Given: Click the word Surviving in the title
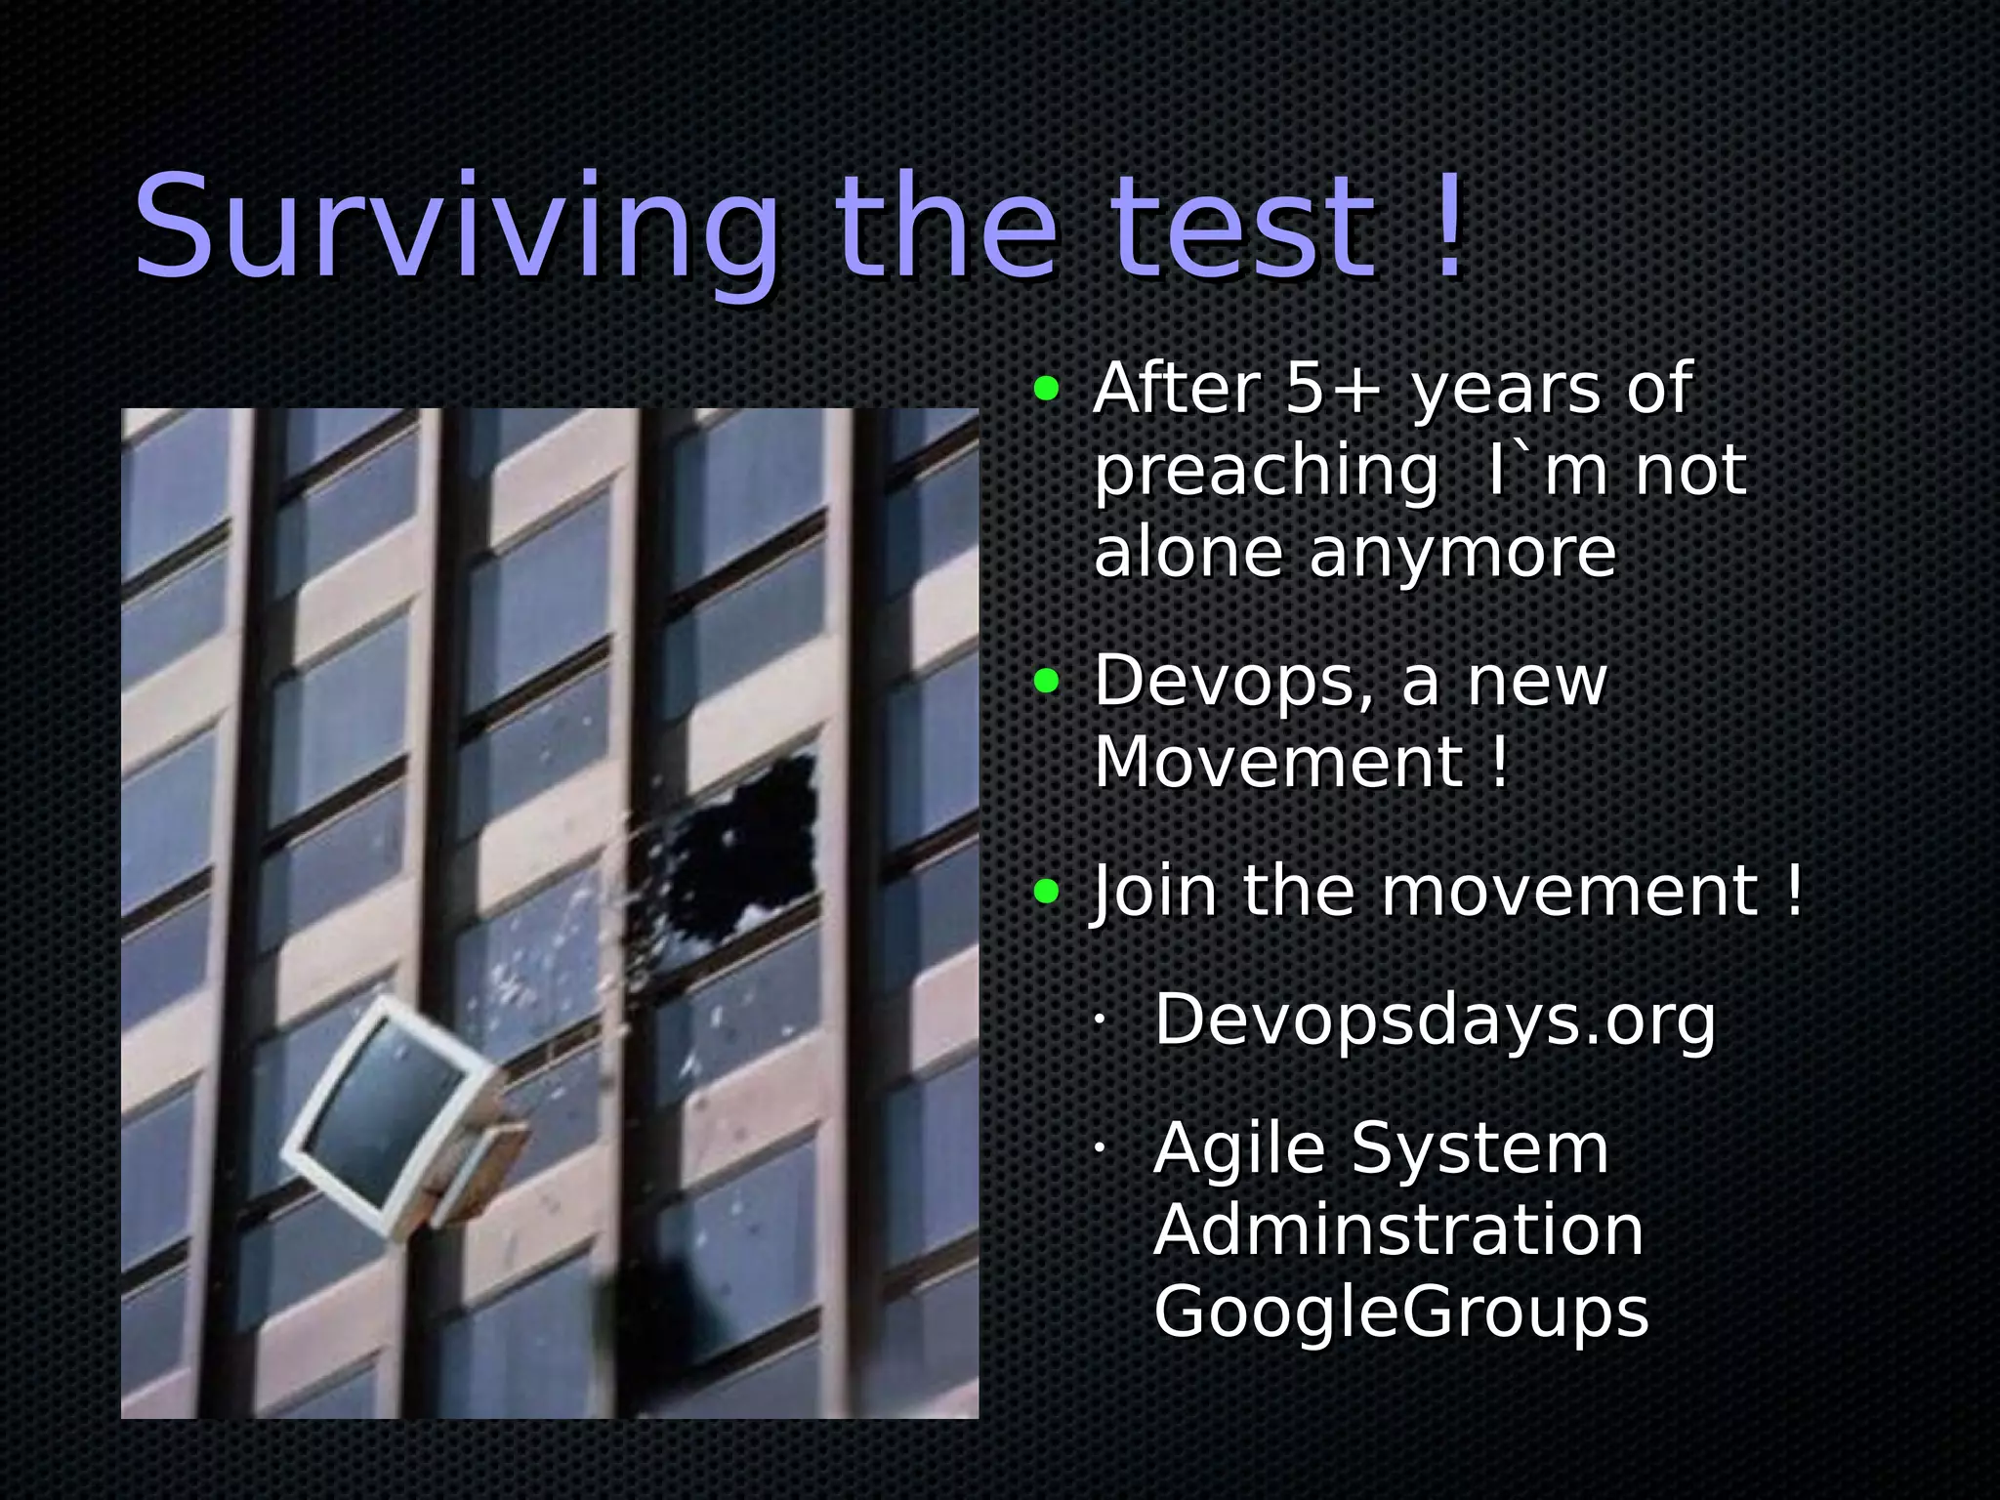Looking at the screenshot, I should pyautogui.click(x=455, y=230).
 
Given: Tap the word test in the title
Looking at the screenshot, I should pyautogui.click(x=1243, y=230).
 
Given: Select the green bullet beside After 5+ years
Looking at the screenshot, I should pyautogui.click(x=1046, y=390).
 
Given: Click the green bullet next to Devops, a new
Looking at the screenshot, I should pyautogui.click(x=1046, y=681).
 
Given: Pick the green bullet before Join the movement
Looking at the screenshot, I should pyautogui.click(x=1046, y=891).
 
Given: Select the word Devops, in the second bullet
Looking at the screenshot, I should pyautogui.click(x=1235, y=682).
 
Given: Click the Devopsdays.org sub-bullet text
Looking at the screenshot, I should pyautogui.click(x=1435, y=1021).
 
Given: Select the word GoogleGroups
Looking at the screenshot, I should pyautogui.click(x=1401, y=1312).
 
